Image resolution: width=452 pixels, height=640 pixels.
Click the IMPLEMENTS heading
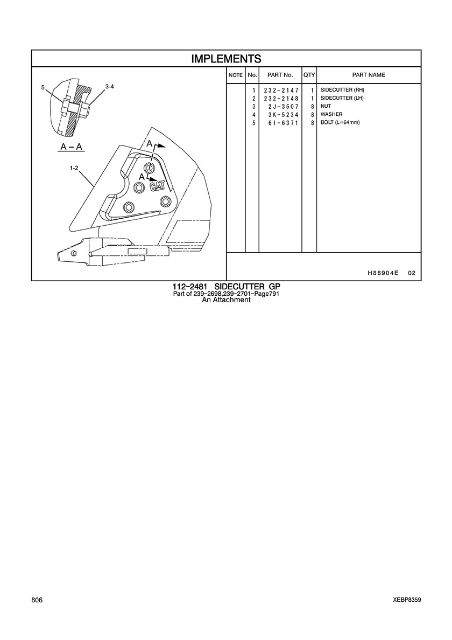pyautogui.click(x=226, y=59)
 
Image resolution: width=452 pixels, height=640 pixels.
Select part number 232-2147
pyautogui.click(x=281, y=90)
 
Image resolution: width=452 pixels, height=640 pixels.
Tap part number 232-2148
pyautogui.click(x=281, y=99)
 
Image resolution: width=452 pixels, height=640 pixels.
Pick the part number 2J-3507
pyautogui.click(x=283, y=107)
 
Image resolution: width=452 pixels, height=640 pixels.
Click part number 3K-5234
pyautogui.click(x=283, y=115)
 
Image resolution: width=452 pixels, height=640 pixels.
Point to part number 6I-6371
pyautogui.click(x=283, y=122)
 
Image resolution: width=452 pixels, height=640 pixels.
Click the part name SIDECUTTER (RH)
pyautogui.click(x=342, y=90)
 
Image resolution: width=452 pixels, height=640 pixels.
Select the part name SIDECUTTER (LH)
pyautogui.click(x=342, y=99)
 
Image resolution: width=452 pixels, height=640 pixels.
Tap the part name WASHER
pyautogui.click(x=331, y=115)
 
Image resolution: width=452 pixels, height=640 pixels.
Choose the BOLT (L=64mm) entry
pyautogui.click(x=340, y=122)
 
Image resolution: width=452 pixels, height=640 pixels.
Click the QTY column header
pyautogui.click(x=309, y=75)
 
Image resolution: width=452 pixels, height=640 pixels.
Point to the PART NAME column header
pyautogui.click(x=369, y=75)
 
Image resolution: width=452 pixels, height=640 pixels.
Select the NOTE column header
pyautogui.click(x=236, y=75)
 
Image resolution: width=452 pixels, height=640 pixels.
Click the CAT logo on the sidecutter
pyautogui.click(x=157, y=186)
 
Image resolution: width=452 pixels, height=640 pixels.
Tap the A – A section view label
pyautogui.click(x=70, y=146)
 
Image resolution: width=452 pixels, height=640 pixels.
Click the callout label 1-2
pyautogui.click(x=74, y=168)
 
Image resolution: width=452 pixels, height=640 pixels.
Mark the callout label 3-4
pyautogui.click(x=110, y=87)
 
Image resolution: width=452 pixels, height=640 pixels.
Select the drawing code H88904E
pyautogui.click(x=383, y=273)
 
